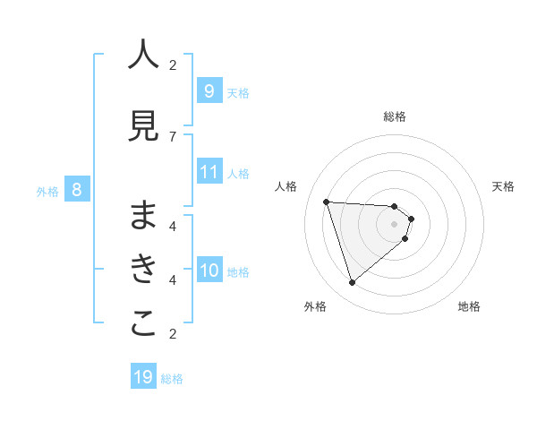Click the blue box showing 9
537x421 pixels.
click(x=209, y=91)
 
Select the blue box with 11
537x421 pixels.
click(x=209, y=172)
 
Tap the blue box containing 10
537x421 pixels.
click(x=209, y=271)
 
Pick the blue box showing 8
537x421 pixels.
click(x=77, y=190)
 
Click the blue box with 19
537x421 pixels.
click(x=143, y=377)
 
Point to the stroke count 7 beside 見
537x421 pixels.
click(x=173, y=136)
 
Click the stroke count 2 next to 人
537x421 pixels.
click(x=173, y=64)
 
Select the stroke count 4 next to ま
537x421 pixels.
click(x=173, y=226)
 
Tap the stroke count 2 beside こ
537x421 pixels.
click(x=173, y=334)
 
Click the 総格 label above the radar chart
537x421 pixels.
click(x=395, y=116)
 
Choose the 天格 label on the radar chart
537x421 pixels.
click(x=503, y=186)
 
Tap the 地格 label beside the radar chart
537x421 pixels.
click(x=469, y=306)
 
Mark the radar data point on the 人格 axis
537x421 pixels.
click(x=327, y=202)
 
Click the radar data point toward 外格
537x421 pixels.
click(x=352, y=283)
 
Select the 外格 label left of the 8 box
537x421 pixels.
click(x=47, y=191)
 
